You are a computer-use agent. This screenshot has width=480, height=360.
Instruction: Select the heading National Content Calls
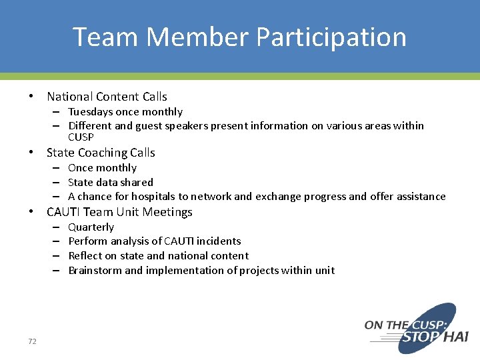pyautogui.click(x=107, y=97)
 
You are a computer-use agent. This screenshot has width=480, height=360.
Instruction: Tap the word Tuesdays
pyautogui.click(x=90, y=112)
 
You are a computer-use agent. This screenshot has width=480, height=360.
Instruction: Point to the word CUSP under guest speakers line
pyautogui.click(x=81, y=137)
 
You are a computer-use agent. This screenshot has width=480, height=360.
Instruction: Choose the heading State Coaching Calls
pyautogui.click(x=101, y=153)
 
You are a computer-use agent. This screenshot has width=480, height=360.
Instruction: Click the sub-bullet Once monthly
pyautogui.click(x=102, y=168)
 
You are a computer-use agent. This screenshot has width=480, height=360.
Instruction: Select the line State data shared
pyautogui.click(x=111, y=182)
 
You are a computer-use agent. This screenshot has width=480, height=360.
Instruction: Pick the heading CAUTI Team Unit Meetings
pyautogui.click(x=119, y=212)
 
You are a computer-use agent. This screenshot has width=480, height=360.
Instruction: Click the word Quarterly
pyautogui.click(x=91, y=227)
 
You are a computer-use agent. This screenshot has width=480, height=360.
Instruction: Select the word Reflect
pyautogui.click(x=85, y=256)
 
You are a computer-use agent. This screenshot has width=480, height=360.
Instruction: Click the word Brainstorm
pyautogui.click(x=95, y=271)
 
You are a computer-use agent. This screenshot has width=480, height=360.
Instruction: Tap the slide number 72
pyautogui.click(x=32, y=341)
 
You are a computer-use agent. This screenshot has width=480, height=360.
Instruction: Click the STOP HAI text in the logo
pyautogui.click(x=434, y=337)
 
